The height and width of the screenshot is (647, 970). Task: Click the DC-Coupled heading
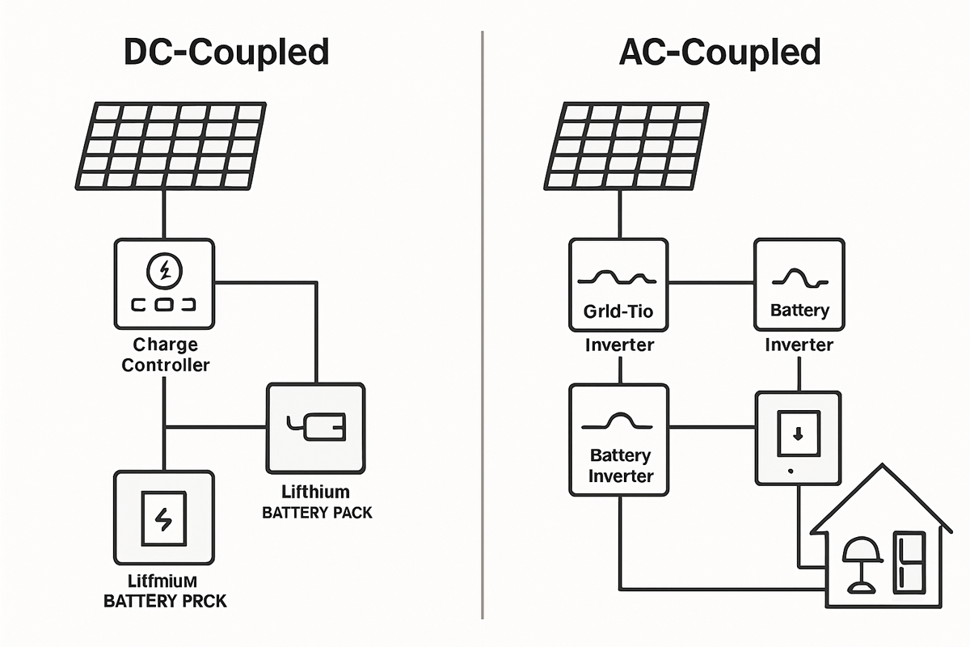226,52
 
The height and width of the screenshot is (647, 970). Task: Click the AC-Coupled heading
719,52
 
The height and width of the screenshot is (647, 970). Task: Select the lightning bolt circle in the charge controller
164,270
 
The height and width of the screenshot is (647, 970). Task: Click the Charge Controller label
165,354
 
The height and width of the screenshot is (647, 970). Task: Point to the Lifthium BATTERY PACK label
317,501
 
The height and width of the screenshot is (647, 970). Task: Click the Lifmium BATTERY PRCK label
165,590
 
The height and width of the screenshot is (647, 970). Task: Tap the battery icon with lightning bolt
164,518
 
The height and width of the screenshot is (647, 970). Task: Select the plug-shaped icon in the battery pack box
316,427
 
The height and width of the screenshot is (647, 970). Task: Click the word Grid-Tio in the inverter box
618,311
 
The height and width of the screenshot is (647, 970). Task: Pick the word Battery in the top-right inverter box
799,311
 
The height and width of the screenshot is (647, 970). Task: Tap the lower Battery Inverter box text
620,466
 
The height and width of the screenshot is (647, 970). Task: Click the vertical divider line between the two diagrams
483,323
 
